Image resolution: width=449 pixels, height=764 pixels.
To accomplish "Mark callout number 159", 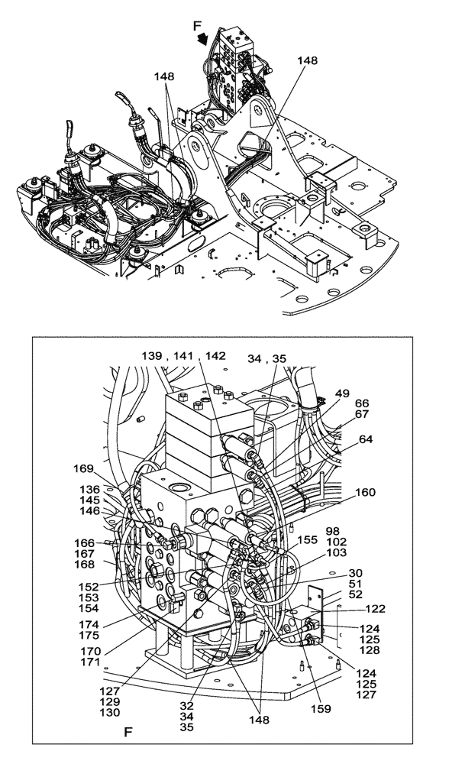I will [321, 709].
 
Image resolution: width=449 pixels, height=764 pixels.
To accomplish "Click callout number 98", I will [332, 530].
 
